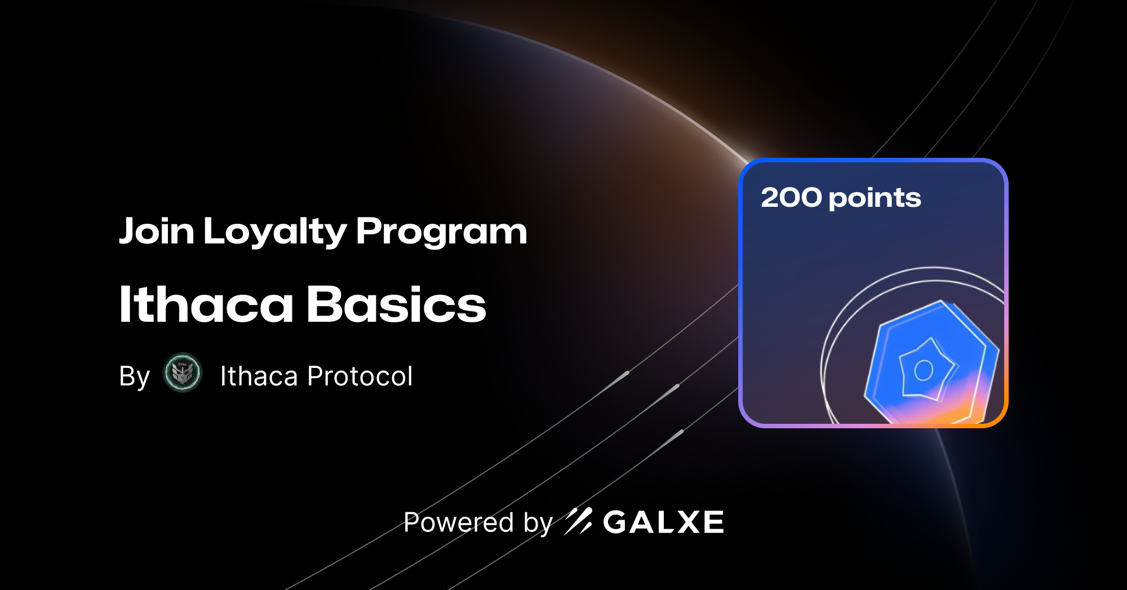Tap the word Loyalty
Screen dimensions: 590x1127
(x=275, y=232)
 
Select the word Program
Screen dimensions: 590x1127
(x=441, y=232)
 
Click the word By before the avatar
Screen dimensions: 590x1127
(x=134, y=376)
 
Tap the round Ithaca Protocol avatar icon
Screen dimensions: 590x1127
(x=183, y=372)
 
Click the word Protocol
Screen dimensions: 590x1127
(x=360, y=376)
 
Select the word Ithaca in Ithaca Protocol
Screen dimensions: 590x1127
(x=259, y=376)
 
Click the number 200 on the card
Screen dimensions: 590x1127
(x=791, y=198)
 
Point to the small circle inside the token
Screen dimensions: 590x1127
(x=924, y=370)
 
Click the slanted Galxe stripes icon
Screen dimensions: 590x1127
(x=578, y=521)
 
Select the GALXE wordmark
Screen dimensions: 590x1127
(x=663, y=522)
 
